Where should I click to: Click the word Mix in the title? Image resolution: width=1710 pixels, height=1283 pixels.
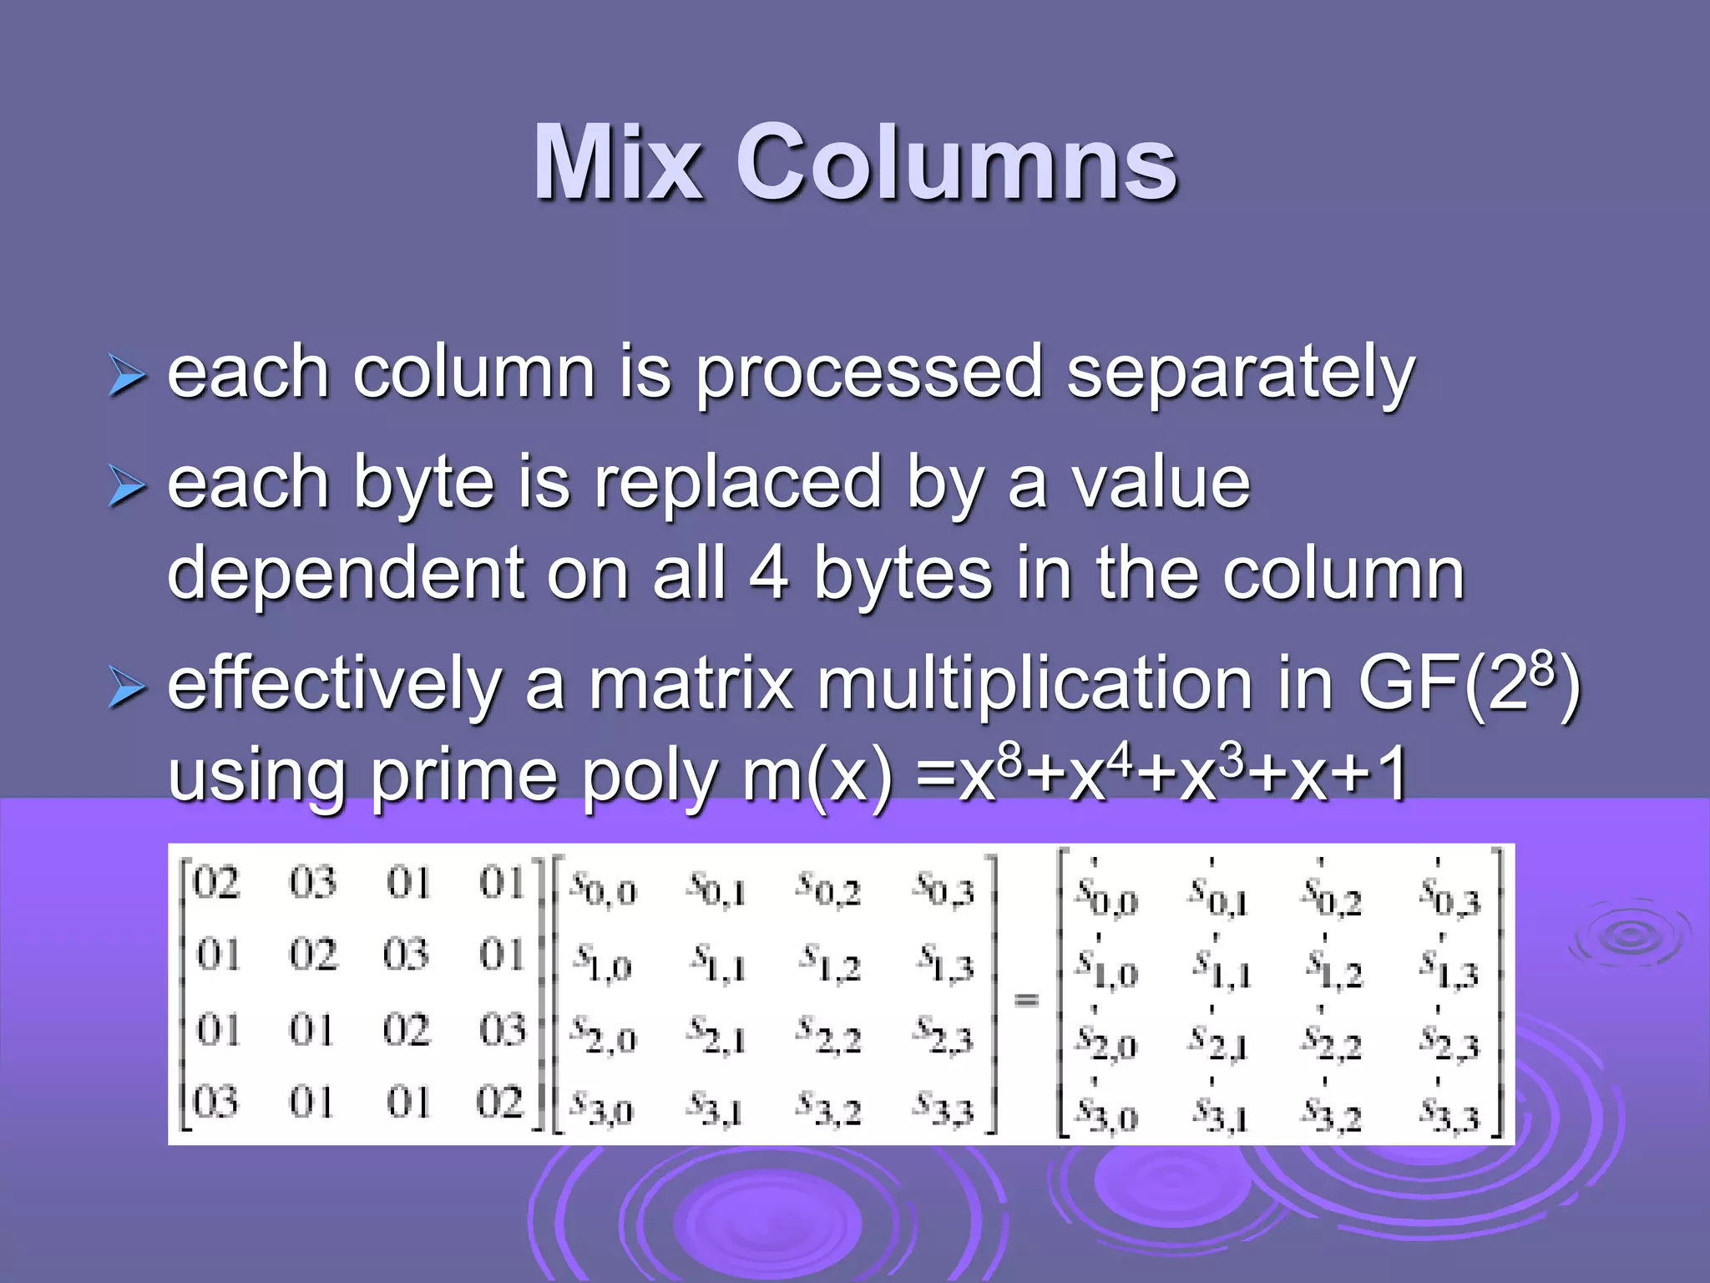click(x=619, y=162)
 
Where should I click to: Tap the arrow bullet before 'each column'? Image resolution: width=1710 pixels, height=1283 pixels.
click(x=127, y=377)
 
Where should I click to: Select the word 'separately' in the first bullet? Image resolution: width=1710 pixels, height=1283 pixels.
click(x=1240, y=373)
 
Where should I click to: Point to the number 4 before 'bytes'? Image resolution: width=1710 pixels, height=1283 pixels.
click(x=767, y=574)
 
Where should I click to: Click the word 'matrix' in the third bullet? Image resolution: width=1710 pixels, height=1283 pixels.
click(x=691, y=685)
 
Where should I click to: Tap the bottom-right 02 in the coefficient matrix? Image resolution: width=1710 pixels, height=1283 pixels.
click(x=499, y=1103)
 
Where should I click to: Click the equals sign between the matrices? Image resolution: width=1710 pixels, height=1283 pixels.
click(x=1026, y=1000)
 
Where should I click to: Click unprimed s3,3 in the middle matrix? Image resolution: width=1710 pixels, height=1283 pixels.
click(x=944, y=1108)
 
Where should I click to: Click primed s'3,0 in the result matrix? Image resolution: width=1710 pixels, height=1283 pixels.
click(x=1106, y=1113)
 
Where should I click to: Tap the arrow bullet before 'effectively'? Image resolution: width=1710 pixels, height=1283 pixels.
click(x=127, y=691)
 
